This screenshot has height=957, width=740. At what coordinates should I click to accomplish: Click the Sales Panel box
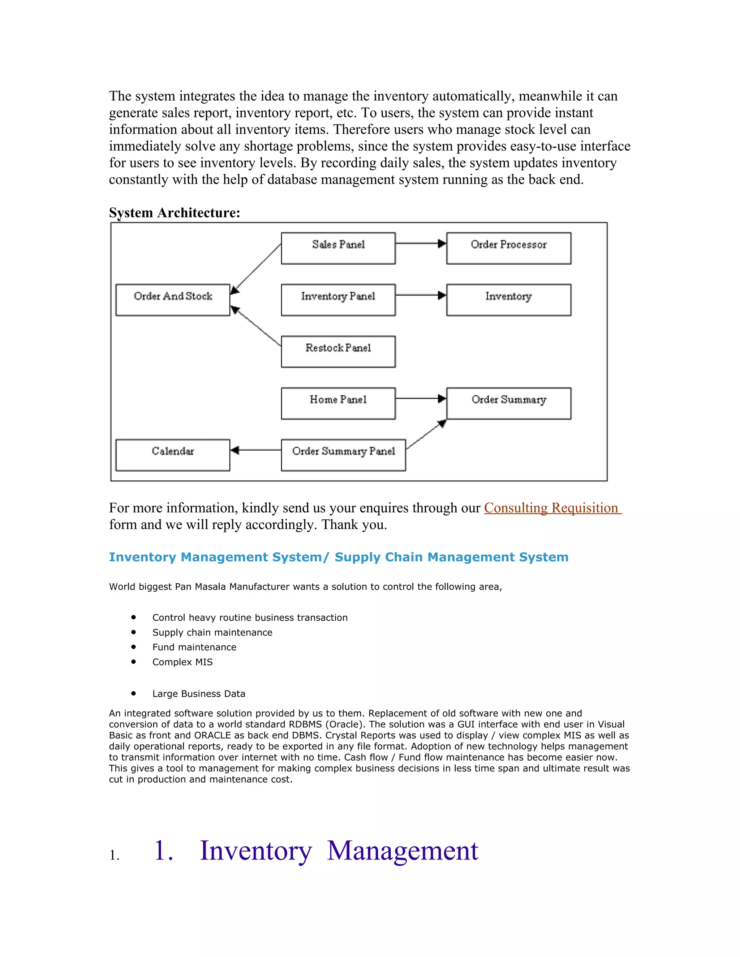point(338,248)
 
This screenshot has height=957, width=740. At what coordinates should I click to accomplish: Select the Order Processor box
point(508,248)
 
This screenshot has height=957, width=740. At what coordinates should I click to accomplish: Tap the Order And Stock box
point(173,300)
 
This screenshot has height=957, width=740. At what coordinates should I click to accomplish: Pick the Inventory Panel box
point(338,300)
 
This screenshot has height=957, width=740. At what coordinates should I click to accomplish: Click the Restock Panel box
point(338,351)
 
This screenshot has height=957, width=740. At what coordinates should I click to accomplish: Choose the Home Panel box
point(338,403)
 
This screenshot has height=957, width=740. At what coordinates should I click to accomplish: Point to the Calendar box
point(173,455)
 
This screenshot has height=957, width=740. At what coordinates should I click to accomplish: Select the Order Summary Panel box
point(343,455)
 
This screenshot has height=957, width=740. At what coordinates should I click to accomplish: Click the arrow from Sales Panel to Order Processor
point(420,244)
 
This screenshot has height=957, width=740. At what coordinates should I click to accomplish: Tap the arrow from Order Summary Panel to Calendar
point(255,450)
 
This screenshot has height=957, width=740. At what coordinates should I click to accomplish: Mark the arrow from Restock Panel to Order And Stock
point(257,326)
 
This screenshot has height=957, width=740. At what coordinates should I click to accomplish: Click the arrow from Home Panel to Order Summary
point(420,398)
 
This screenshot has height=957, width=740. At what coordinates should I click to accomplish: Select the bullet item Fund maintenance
point(194,647)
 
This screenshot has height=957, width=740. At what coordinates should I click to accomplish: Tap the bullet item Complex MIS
point(182,662)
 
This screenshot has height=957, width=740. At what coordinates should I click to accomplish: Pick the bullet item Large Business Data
point(199,694)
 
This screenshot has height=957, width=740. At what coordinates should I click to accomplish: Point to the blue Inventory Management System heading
point(339,557)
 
